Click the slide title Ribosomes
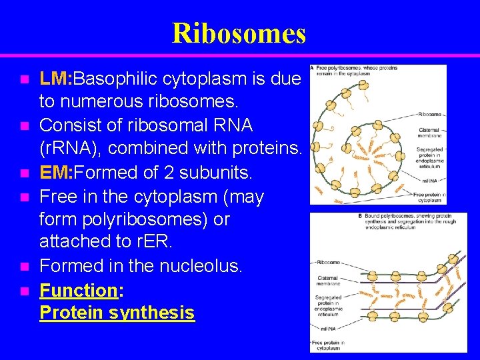tap(239, 33)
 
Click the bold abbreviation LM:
tap(56, 79)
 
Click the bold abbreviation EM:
tap(56, 173)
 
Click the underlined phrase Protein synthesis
tap(117, 313)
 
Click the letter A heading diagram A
tap(313, 69)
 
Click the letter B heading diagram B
tap(361, 217)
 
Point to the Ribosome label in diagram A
tap(429, 114)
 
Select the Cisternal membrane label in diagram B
tap(327, 281)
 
